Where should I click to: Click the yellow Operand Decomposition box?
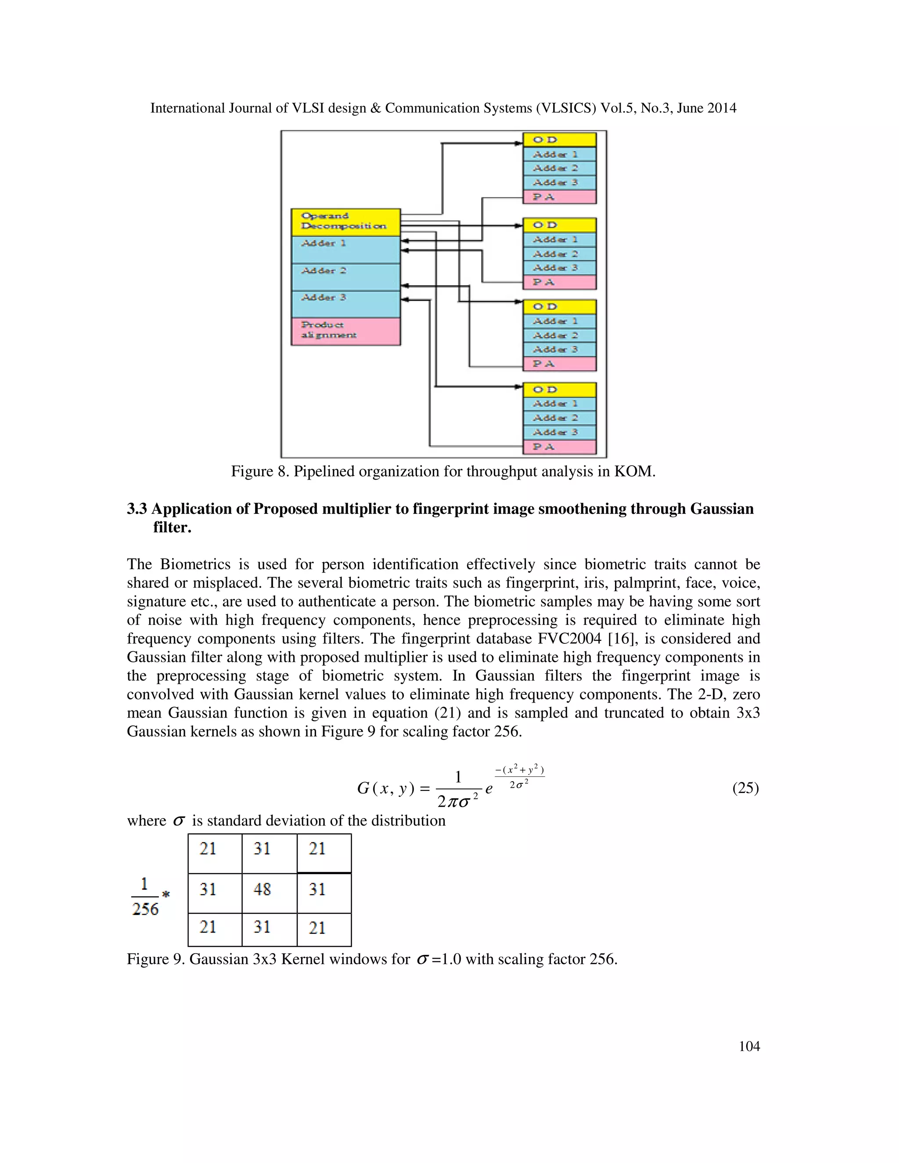345,222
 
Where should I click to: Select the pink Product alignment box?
345,331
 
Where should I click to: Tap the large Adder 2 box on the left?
345,277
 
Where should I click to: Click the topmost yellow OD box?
559,140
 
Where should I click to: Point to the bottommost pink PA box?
559,447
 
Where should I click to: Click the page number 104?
749,1046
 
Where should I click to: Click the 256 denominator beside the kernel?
145,909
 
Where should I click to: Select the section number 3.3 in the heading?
137,509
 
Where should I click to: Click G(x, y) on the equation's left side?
385,789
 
